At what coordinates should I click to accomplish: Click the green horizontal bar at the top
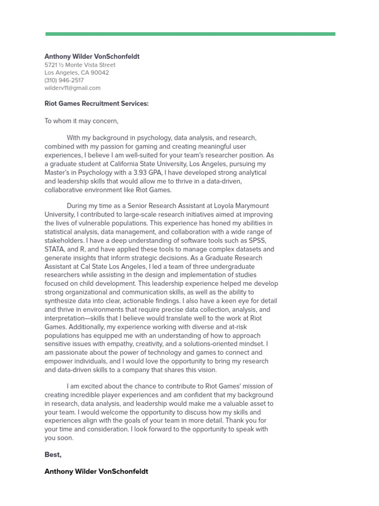(x=190, y=34)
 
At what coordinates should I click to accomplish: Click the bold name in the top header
(x=92, y=56)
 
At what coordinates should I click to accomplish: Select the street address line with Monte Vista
(x=80, y=65)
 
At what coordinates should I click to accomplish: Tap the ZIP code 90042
(x=100, y=73)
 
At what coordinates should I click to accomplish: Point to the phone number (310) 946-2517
(x=64, y=80)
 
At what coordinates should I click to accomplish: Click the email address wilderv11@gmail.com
(x=73, y=88)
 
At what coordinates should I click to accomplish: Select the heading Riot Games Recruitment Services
(x=96, y=104)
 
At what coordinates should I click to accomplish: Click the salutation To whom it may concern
(x=81, y=121)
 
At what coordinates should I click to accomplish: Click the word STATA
(x=55, y=249)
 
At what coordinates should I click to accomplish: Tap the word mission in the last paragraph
(x=236, y=386)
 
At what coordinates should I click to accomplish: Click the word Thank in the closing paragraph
(x=238, y=421)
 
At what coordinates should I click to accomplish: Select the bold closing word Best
(x=53, y=455)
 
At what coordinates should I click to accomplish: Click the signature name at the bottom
(x=96, y=471)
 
